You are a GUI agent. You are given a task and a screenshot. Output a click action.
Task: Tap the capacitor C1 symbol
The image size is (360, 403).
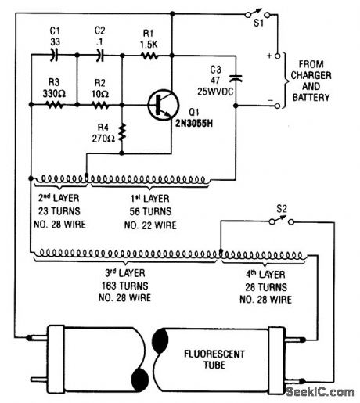click(x=53, y=56)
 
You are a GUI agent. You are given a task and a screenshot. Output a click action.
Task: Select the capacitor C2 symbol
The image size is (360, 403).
click(x=99, y=56)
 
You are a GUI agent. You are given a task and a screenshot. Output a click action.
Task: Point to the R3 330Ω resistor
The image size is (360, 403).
click(x=53, y=102)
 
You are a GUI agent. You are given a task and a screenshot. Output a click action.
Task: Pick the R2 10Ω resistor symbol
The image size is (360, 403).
click(x=99, y=102)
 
